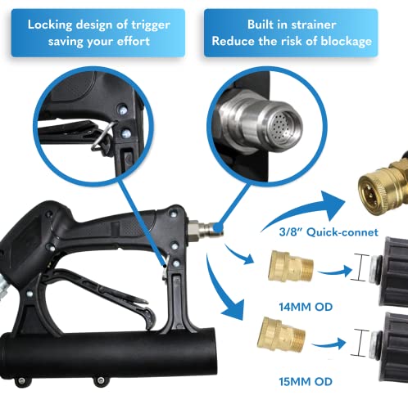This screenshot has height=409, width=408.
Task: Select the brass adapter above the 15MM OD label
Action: pyautogui.click(x=279, y=337)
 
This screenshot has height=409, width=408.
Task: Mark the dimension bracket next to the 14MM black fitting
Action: pyautogui.click(x=357, y=267)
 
